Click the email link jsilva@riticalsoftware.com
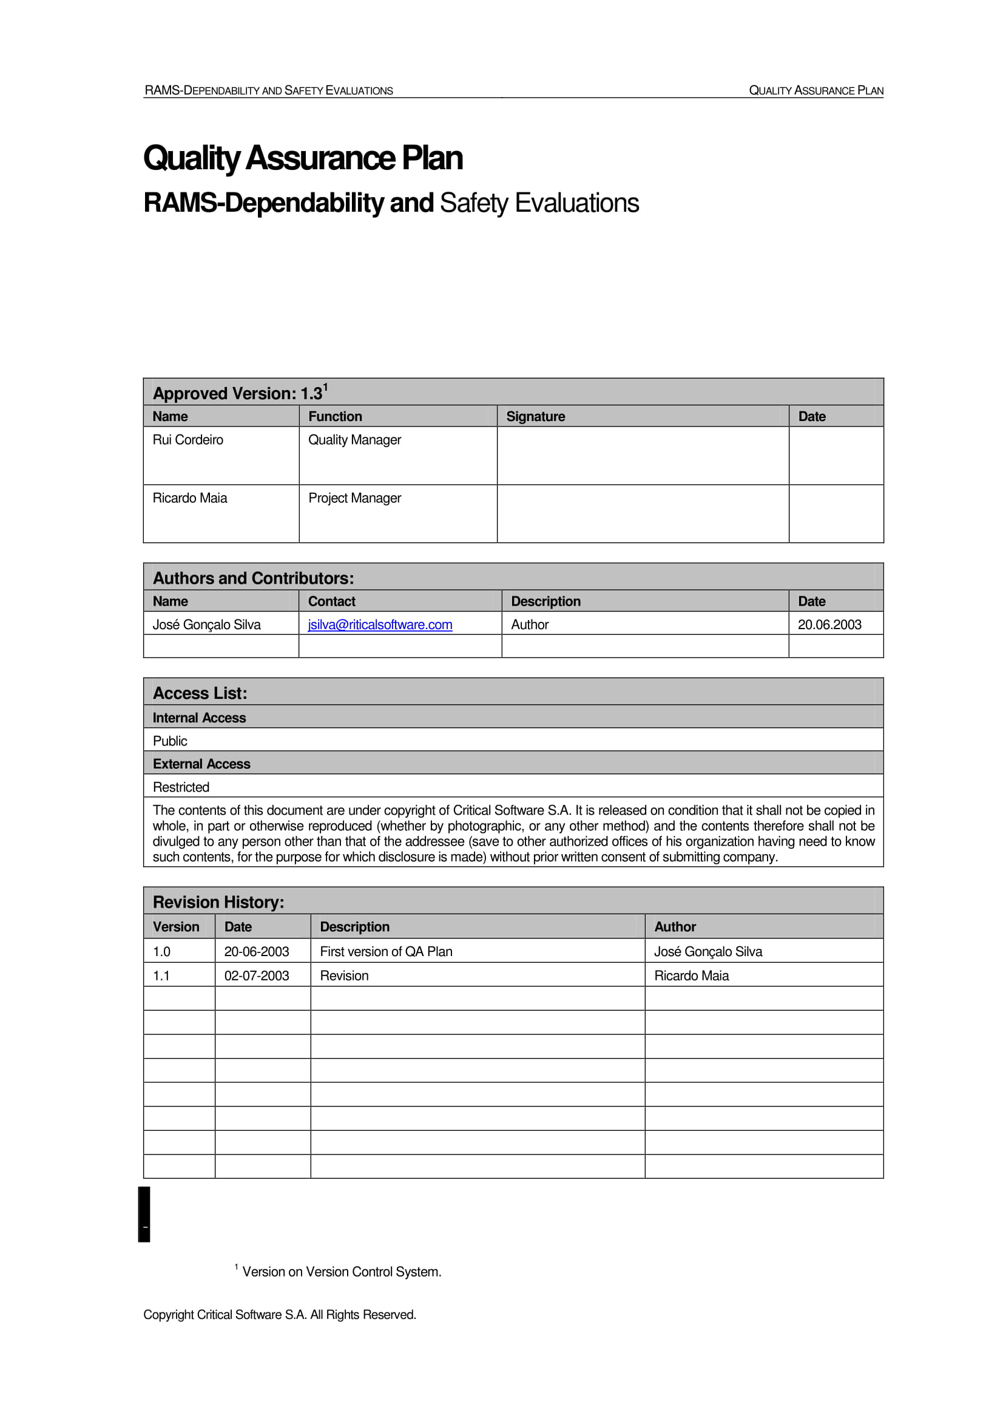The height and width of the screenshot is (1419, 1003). (379, 624)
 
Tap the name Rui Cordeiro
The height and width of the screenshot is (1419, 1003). (188, 439)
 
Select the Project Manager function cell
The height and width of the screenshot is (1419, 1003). (355, 497)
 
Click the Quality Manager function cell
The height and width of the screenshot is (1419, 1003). (355, 439)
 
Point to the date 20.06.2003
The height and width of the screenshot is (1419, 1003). (829, 624)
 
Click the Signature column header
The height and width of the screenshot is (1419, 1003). (535, 416)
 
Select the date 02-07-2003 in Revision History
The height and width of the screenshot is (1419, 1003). (257, 976)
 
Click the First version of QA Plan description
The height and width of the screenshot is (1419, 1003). (386, 951)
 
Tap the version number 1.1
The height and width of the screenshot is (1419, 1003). (161, 976)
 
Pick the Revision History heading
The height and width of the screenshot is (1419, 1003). (218, 902)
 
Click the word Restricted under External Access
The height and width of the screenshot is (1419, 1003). (181, 787)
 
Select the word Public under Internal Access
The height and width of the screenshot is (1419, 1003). (170, 740)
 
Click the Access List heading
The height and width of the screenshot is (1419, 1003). (200, 693)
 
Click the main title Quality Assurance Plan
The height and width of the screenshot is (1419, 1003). (303, 158)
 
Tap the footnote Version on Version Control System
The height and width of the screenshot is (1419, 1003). (341, 1272)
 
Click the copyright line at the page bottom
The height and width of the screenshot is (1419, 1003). (279, 1315)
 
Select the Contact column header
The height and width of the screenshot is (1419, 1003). (331, 601)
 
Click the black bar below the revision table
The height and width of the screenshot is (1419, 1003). (144, 1213)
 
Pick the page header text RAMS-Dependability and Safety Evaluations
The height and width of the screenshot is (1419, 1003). (268, 90)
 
